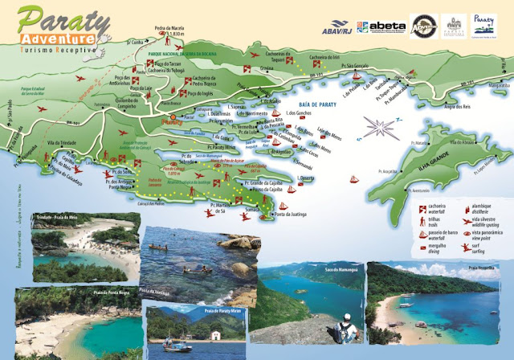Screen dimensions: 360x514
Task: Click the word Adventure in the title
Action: click(59, 39)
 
